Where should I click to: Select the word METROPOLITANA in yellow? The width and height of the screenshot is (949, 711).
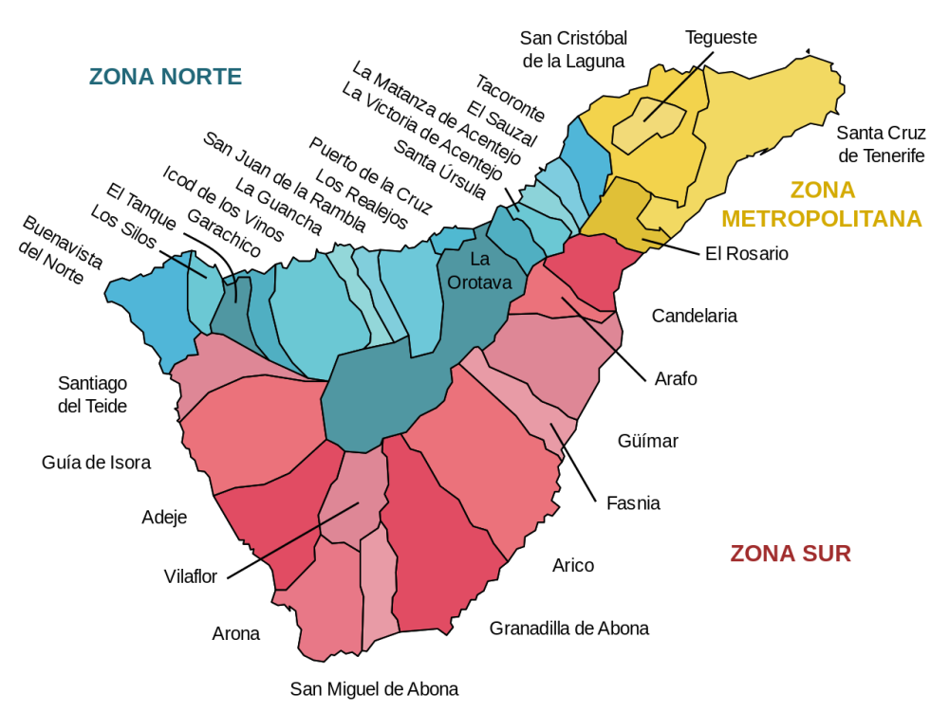click(x=821, y=219)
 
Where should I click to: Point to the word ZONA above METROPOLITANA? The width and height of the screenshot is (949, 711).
click(x=822, y=191)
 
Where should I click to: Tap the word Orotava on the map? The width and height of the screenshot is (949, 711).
click(x=479, y=283)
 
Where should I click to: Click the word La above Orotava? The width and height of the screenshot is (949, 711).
click(x=479, y=259)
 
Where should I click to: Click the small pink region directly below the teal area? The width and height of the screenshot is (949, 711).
click(x=356, y=493)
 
